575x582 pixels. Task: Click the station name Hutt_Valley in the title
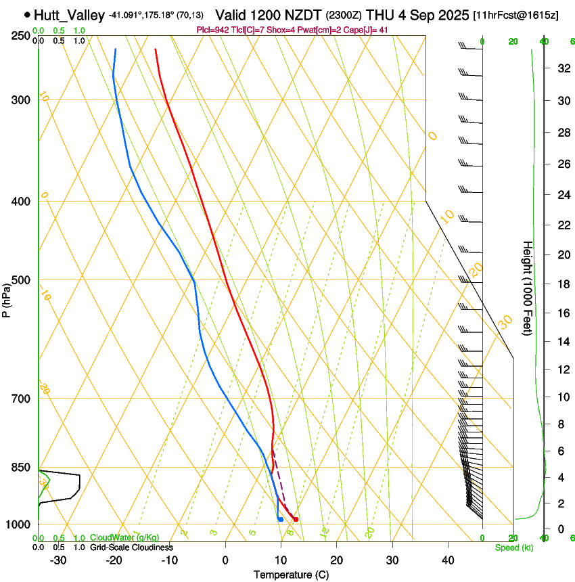click(x=69, y=14)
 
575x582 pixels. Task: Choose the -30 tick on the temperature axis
click(x=58, y=560)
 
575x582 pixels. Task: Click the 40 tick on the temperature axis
click(x=448, y=560)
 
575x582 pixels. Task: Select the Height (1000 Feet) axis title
click(x=528, y=288)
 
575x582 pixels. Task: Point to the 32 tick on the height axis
click(x=562, y=68)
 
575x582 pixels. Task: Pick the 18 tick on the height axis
click(x=562, y=284)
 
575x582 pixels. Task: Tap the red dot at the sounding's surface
click(x=296, y=519)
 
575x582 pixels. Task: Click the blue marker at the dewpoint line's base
click(x=280, y=519)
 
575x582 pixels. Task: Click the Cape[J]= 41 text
click(x=367, y=30)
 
